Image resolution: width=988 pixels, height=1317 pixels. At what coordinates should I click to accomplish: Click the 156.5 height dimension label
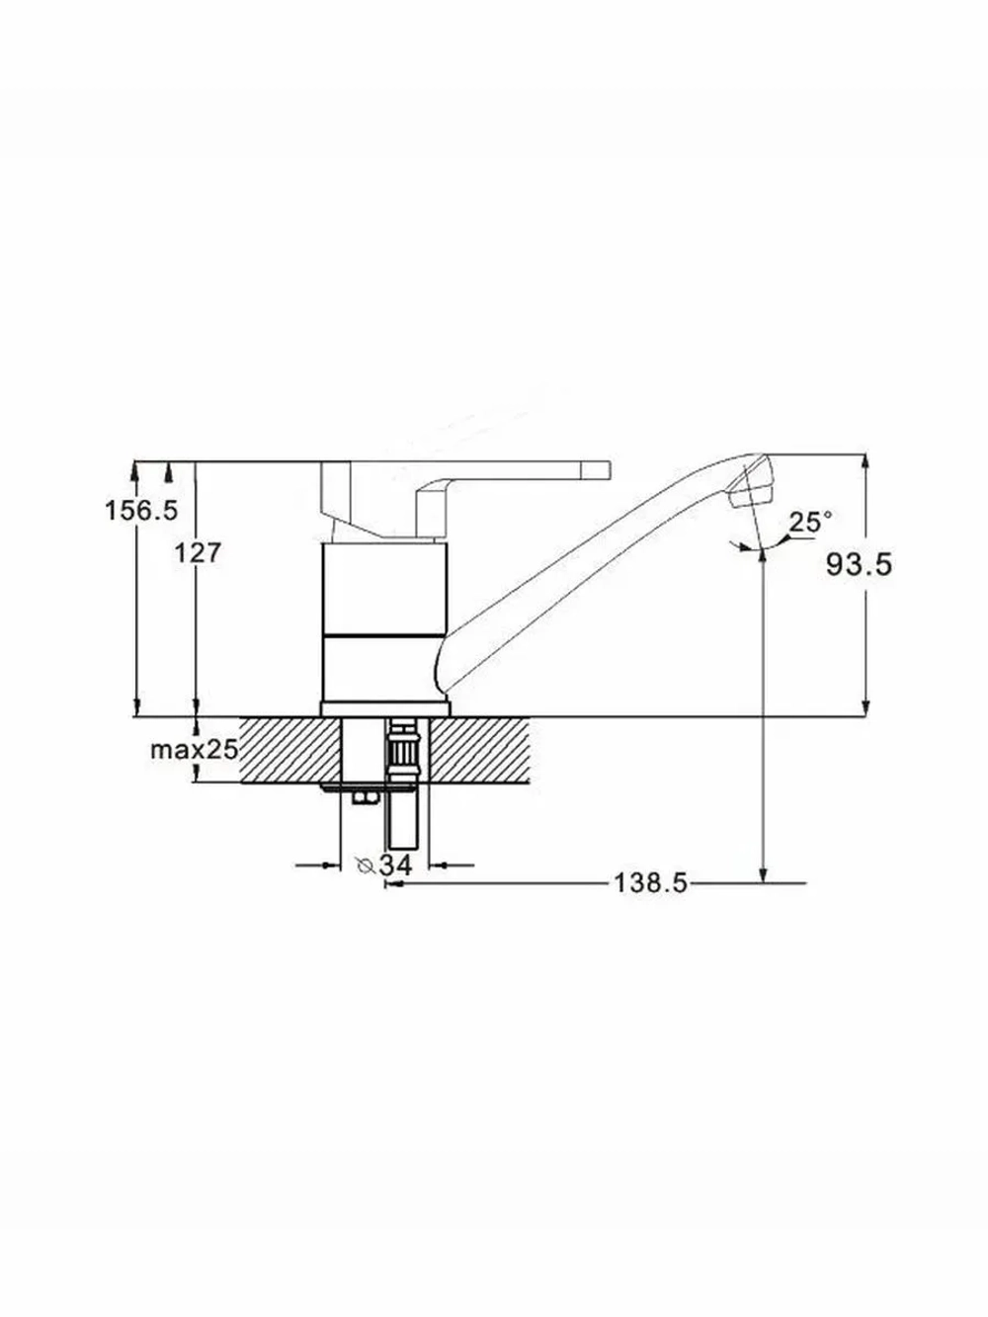141,511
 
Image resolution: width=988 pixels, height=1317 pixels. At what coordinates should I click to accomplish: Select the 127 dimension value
198,552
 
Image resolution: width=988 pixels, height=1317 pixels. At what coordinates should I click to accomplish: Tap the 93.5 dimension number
859,564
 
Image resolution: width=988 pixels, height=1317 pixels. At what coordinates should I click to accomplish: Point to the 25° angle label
810,522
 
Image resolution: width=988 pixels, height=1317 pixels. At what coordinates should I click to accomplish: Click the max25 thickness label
195,750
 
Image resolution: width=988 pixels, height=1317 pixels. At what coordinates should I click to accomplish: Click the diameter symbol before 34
365,865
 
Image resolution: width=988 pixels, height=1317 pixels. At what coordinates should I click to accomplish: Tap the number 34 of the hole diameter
396,865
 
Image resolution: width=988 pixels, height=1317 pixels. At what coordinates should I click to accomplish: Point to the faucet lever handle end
597,469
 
